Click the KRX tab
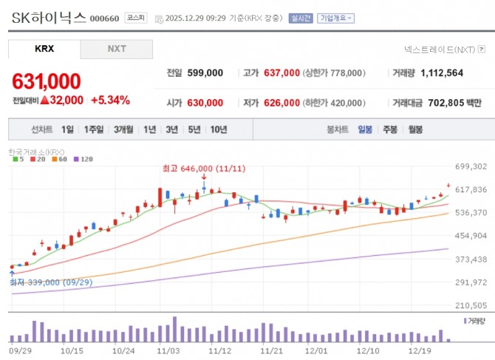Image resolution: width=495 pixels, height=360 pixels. point(44,49)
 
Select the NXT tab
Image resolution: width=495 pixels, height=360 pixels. point(117,49)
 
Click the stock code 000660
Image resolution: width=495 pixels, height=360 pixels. point(103,18)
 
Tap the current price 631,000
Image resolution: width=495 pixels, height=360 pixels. point(46,81)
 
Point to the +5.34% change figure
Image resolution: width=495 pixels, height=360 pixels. point(110,100)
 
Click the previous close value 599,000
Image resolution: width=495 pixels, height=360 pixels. point(204,73)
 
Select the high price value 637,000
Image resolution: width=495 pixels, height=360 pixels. point(281,73)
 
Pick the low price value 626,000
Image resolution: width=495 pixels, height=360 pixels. point(281,103)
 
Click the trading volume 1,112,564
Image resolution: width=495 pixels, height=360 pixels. point(442,73)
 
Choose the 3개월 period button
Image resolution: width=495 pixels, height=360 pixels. point(123,129)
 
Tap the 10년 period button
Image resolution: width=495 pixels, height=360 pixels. point(218,129)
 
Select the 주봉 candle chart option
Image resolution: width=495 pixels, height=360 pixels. point(390,129)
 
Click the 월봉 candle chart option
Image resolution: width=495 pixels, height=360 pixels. point(415,129)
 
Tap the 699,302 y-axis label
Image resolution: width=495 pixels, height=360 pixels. point(471,167)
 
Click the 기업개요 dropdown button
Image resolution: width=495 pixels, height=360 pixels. point(336,18)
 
